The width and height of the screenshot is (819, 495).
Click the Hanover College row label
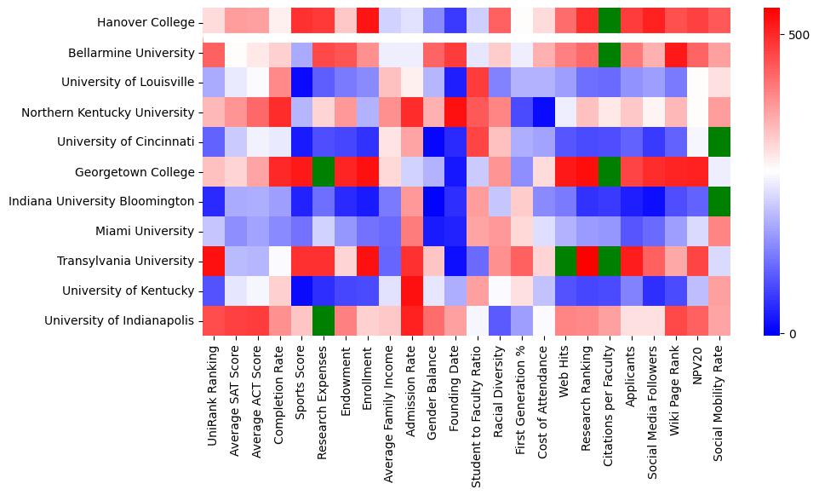(146, 23)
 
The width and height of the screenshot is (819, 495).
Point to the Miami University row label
(157, 232)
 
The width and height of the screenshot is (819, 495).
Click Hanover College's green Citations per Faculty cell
(610, 23)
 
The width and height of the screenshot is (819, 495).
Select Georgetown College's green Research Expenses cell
(324, 172)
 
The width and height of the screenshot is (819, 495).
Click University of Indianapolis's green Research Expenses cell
(324, 321)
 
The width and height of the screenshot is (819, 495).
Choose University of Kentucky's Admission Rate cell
(412, 291)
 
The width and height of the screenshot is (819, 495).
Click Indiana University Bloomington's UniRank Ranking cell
(214, 202)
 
